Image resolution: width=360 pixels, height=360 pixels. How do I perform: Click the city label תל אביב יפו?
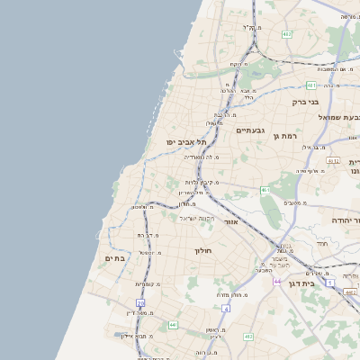[186, 141]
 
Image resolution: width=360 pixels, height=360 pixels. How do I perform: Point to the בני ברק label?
[306, 102]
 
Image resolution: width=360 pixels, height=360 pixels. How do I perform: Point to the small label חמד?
[322, 244]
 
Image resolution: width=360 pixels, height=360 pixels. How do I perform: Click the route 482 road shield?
[286, 33]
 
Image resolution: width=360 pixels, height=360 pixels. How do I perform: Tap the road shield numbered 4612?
[333, 160]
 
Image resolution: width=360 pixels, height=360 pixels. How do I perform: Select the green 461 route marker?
[265, 191]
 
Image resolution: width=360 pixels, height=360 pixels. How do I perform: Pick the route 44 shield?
[278, 283]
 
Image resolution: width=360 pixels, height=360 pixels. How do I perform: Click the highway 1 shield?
[330, 284]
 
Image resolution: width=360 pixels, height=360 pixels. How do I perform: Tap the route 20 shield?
[140, 302]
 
